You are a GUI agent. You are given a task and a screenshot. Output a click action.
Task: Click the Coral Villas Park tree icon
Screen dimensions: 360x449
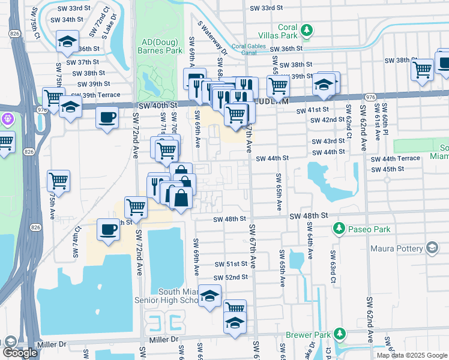[x=307, y=29]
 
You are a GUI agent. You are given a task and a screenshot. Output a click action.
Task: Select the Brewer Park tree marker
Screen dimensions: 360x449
[x=340, y=333]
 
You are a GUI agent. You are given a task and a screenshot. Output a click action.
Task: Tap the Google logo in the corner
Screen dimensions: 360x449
[x=20, y=353]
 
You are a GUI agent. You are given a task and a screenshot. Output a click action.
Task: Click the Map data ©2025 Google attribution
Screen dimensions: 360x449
[x=412, y=355]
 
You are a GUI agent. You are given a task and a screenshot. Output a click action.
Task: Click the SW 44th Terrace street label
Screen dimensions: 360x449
[x=395, y=158]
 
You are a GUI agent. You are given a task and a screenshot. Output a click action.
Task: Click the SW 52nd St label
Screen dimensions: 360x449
[x=232, y=277]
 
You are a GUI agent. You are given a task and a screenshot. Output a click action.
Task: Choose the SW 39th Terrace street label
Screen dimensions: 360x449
[x=95, y=95]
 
